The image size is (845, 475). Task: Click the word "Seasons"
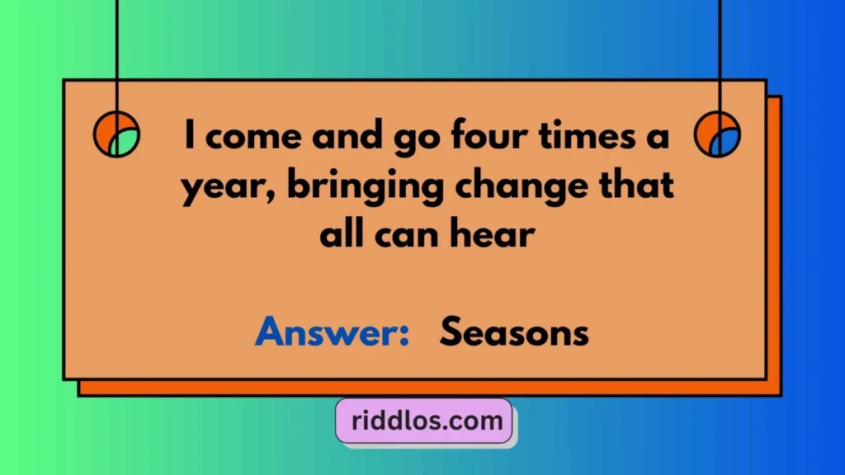click(514, 334)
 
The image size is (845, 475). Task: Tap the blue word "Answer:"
click(333, 334)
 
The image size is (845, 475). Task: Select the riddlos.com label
click(424, 422)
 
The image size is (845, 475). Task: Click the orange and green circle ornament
click(116, 134)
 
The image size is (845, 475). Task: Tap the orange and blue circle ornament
click(717, 134)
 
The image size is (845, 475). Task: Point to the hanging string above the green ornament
click(116, 49)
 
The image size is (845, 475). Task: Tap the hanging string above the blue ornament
click(720, 49)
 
